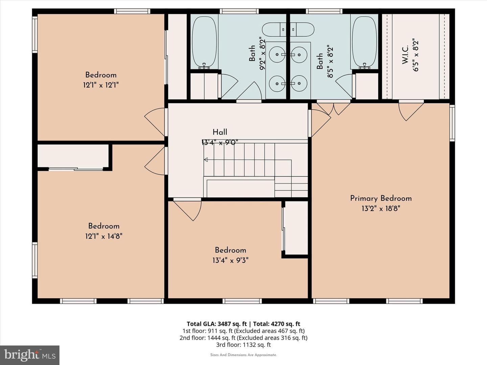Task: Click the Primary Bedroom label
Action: coord(381,198)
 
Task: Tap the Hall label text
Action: coord(220,132)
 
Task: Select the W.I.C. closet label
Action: coord(405,55)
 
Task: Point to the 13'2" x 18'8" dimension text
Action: coord(381,209)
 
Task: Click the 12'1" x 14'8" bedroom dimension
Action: coord(103,236)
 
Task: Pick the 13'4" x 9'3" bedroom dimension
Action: coord(230,260)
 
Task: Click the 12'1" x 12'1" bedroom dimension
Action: coord(101,85)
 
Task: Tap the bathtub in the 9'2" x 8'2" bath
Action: coord(204,42)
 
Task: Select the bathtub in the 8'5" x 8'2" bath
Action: coord(364,42)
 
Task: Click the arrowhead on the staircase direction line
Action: coord(206,160)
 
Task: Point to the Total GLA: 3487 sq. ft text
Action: coord(216,324)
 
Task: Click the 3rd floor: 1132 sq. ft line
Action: coord(243,345)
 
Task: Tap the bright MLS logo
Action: coord(30,355)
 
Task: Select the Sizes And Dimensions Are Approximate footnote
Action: coord(243,355)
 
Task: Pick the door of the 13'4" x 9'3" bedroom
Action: coord(187,209)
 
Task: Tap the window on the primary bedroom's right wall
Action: coord(452,123)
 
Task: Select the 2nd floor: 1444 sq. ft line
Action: coord(243,338)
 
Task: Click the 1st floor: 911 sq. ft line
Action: coord(243,331)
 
